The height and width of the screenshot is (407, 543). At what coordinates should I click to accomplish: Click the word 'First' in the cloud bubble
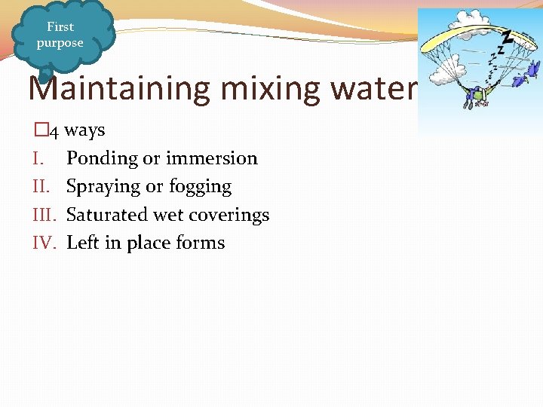(60, 26)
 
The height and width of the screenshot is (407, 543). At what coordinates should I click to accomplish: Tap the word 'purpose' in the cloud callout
(60, 43)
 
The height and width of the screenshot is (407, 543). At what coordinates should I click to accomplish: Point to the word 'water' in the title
(377, 90)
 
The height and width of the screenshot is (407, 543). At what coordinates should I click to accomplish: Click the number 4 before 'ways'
(54, 131)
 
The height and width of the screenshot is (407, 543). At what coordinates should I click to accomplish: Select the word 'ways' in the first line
(84, 130)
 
